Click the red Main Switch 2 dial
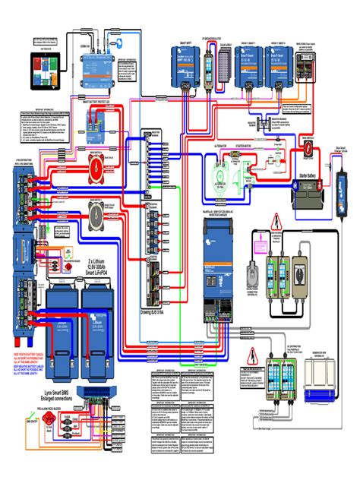coord(96,161)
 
